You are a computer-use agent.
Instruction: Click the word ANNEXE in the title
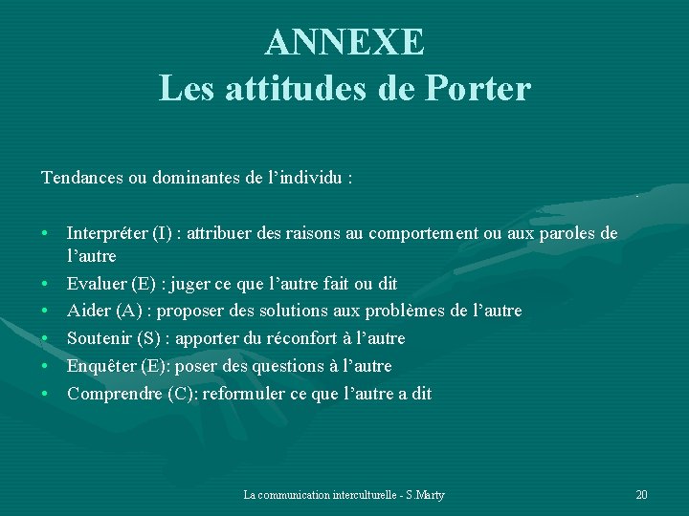click(344, 42)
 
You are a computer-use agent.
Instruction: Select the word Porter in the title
click(477, 89)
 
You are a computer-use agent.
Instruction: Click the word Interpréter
click(107, 233)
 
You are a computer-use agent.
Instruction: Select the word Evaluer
click(97, 284)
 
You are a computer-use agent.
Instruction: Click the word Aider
click(88, 311)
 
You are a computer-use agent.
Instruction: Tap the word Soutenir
click(100, 338)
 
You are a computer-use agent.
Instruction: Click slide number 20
click(641, 495)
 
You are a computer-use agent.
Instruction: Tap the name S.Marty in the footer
click(425, 495)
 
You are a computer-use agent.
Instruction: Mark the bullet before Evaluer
click(45, 284)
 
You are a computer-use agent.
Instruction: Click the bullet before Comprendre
click(45, 393)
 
